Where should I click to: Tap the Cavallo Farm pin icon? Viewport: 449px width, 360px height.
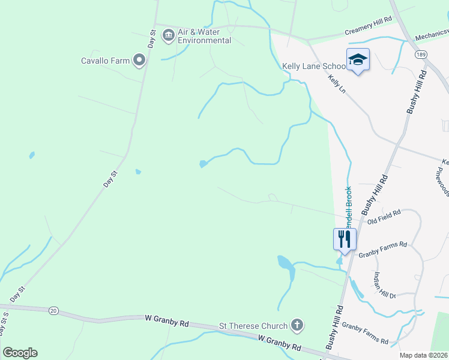tap(139, 59)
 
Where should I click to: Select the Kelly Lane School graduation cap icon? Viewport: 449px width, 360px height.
tap(358, 59)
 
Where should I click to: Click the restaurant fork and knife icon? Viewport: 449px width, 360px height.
tap(345, 238)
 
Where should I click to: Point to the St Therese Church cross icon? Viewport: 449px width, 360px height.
tap(297, 326)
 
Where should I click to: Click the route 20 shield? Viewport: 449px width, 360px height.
tap(53, 310)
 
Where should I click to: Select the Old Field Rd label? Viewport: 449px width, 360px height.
tap(384, 214)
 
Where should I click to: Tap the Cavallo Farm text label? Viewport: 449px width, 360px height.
tap(106, 60)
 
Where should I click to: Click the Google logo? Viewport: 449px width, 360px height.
tap(20, 353)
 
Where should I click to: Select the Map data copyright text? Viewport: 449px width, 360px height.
tap(423, 355)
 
